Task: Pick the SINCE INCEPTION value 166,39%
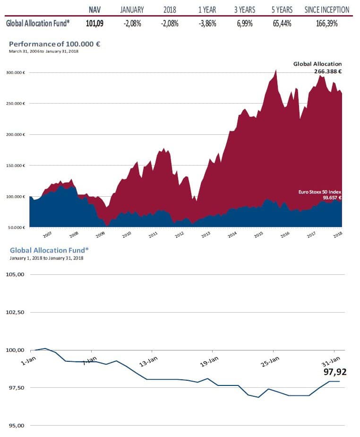[326, 24]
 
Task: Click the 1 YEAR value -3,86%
[207, 24]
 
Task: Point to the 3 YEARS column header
[245, 9]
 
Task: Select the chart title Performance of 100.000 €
[55, 44]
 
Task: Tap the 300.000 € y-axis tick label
[16, 72]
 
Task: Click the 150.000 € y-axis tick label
[16, 166]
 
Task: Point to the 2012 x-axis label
[180, 235]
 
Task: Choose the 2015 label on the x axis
[258, 235]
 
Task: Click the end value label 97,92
[335, 372]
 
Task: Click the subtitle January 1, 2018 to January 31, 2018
[46, 258]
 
